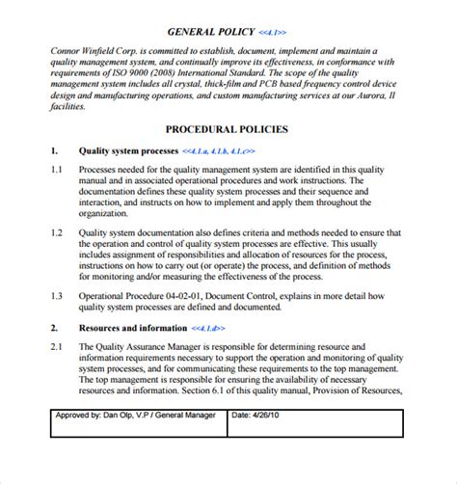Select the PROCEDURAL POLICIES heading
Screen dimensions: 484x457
228,128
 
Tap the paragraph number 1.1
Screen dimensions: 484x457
57,170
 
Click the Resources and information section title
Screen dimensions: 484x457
135,329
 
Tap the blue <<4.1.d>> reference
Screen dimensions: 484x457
215,329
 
